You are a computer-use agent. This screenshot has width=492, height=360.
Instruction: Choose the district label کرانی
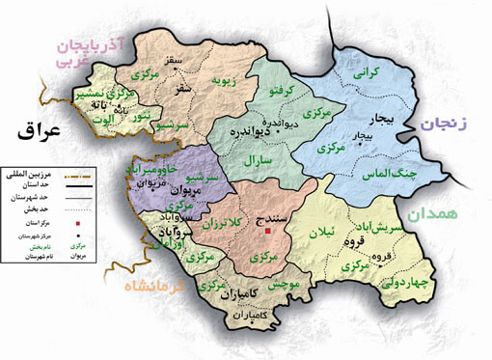point(369,73)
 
